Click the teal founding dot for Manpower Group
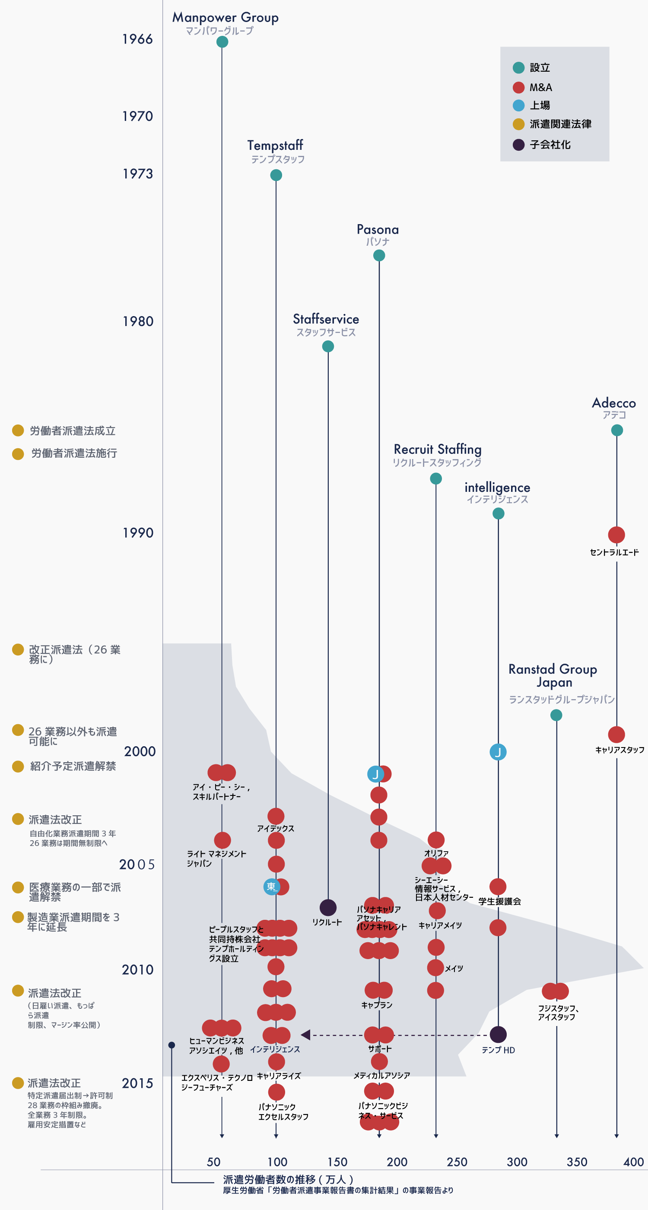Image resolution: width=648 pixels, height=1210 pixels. (x=222, y=42)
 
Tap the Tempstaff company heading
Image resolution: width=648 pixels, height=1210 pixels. (x=275, y=145)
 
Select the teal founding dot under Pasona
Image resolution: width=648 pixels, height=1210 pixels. (x=379, y=255)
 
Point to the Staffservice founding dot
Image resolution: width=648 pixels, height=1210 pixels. (x=328, y=346)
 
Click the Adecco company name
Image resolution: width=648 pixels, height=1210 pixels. (x=614, y=403)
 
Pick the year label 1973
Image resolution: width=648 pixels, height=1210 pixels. (x=138, y=174)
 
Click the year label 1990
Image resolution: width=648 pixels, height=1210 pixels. (x=138, y=532)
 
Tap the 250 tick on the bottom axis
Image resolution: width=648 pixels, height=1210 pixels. (x=457, y=1162)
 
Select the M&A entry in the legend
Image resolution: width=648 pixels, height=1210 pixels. (x=540, y=87)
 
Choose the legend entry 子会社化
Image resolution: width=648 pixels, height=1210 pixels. (x=550, y=145)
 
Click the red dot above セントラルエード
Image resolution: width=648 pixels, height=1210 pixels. (x=616, y=535)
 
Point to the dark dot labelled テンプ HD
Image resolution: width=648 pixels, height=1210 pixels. (x=498, y=1034)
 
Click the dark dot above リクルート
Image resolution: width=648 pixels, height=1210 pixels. (x=328, y=908)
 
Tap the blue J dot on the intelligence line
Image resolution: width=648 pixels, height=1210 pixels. (x=498, y=752)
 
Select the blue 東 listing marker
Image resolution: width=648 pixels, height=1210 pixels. (x=271, y=887)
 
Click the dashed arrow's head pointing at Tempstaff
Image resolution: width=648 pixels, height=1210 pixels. (x=305, y=1034)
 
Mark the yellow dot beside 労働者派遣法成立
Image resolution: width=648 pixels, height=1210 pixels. (x=18, y=430)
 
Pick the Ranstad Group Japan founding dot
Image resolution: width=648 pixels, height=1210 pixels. (x=556, y=715)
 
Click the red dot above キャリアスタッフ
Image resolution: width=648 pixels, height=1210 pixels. (x=616, y=734)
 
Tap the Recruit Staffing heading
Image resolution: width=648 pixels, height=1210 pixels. (x=438, y=450)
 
